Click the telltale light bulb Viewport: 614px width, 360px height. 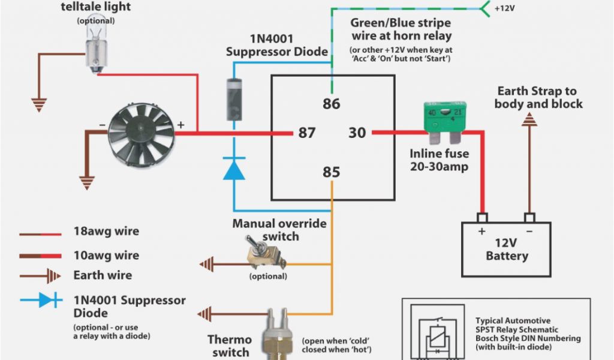coord(95,50)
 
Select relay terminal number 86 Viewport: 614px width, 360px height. coord(331,104)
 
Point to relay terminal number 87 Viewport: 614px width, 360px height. coord(306,133)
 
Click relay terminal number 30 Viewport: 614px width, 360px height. coord(357,133)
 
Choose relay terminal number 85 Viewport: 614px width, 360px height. coord(331,172)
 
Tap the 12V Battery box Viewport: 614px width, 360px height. coord(506,249)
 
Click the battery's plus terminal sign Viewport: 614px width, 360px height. coord(481,231)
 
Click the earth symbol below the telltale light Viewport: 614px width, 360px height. coord(40,106)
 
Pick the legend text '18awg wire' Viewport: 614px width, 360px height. coord(106,232)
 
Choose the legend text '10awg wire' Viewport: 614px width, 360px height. coord(106,255)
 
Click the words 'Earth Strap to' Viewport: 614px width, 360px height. coord(537,91)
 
